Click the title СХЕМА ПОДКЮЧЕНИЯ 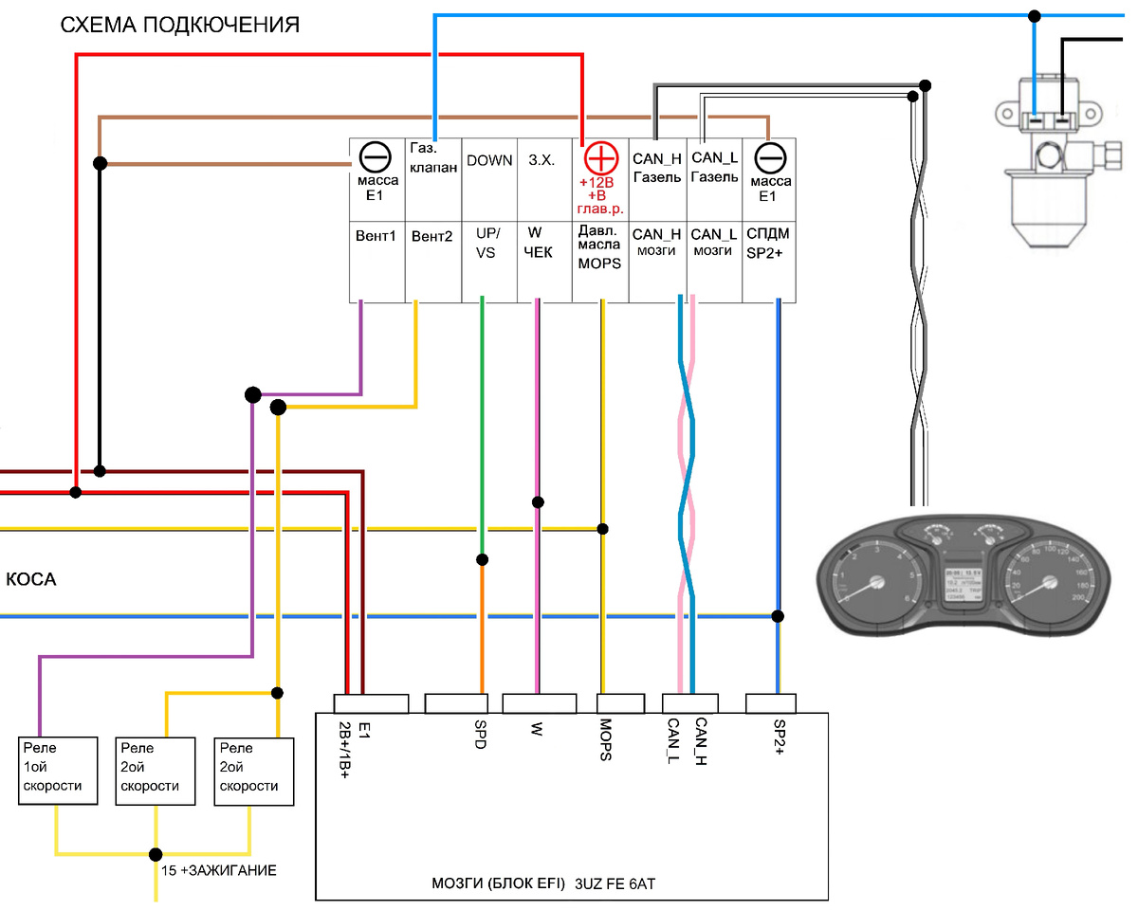(180, 26)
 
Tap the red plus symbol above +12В (599, 157)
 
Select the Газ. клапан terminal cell (433, 180)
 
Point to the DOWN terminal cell (489, 180)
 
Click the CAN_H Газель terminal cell (657, 180)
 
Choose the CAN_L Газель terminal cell (714, 180)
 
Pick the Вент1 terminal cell (377, 262)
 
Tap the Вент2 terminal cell (433, 262)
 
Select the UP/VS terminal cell (489, 262)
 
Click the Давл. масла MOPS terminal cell (600, 262)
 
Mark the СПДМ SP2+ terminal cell (769, 262)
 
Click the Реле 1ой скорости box (60, 771)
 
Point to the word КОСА (31, 579)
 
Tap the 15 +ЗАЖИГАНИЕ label (217, 869)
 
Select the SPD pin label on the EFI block (480, 734)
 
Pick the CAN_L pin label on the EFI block (673, 740)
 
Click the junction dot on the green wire (483, 559)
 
